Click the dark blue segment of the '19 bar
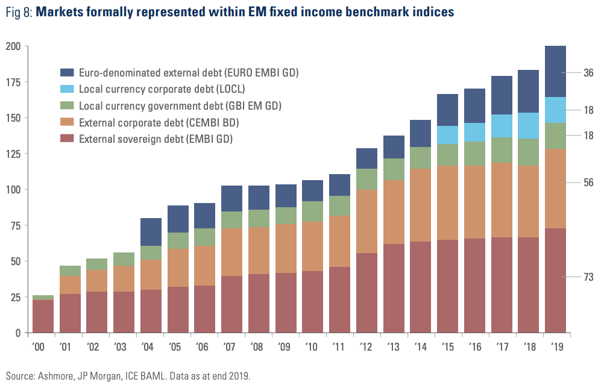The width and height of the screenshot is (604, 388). point(555,71)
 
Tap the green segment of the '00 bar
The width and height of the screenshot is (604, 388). point(42,298)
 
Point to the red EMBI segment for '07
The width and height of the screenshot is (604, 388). point(231,304)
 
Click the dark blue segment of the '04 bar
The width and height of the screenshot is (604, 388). point(151,232)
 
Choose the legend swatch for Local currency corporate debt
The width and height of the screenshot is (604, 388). point(67,89)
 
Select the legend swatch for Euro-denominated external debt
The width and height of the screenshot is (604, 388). point(67,72)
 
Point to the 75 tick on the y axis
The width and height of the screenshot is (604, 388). point(14,226)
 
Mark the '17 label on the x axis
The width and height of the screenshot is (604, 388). point(501,347)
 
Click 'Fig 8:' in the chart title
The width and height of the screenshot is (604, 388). point(18,12)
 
